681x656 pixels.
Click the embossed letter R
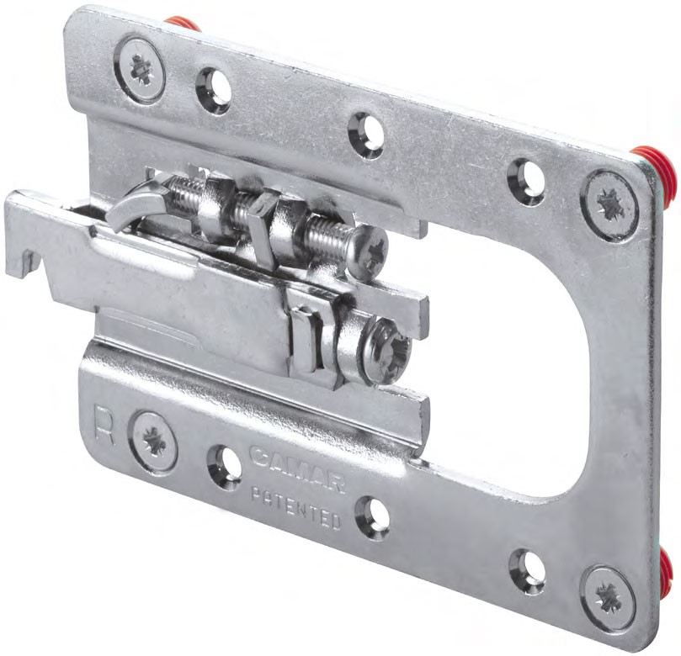point(104,426)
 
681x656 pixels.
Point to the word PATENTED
point(296,507)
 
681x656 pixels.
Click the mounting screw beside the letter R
point(155,442)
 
